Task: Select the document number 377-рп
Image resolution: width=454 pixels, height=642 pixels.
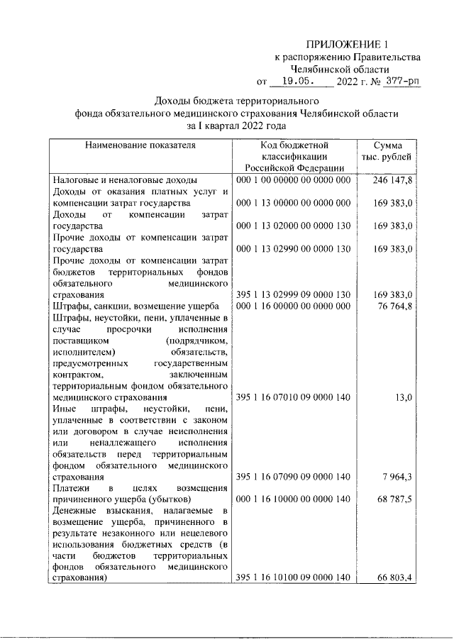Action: (x=402, y=82)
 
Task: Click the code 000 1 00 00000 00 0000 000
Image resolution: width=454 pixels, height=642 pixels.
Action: (x=293, y=181)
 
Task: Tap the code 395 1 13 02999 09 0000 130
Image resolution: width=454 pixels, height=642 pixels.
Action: (x=293, y=294)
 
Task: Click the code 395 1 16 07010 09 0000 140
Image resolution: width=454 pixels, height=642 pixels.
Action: (x=293, y=398)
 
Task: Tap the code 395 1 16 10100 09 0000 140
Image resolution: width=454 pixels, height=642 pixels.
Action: (x=293, y=579)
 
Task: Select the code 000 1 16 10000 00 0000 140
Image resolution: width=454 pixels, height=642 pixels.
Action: (x=293, y=499)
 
